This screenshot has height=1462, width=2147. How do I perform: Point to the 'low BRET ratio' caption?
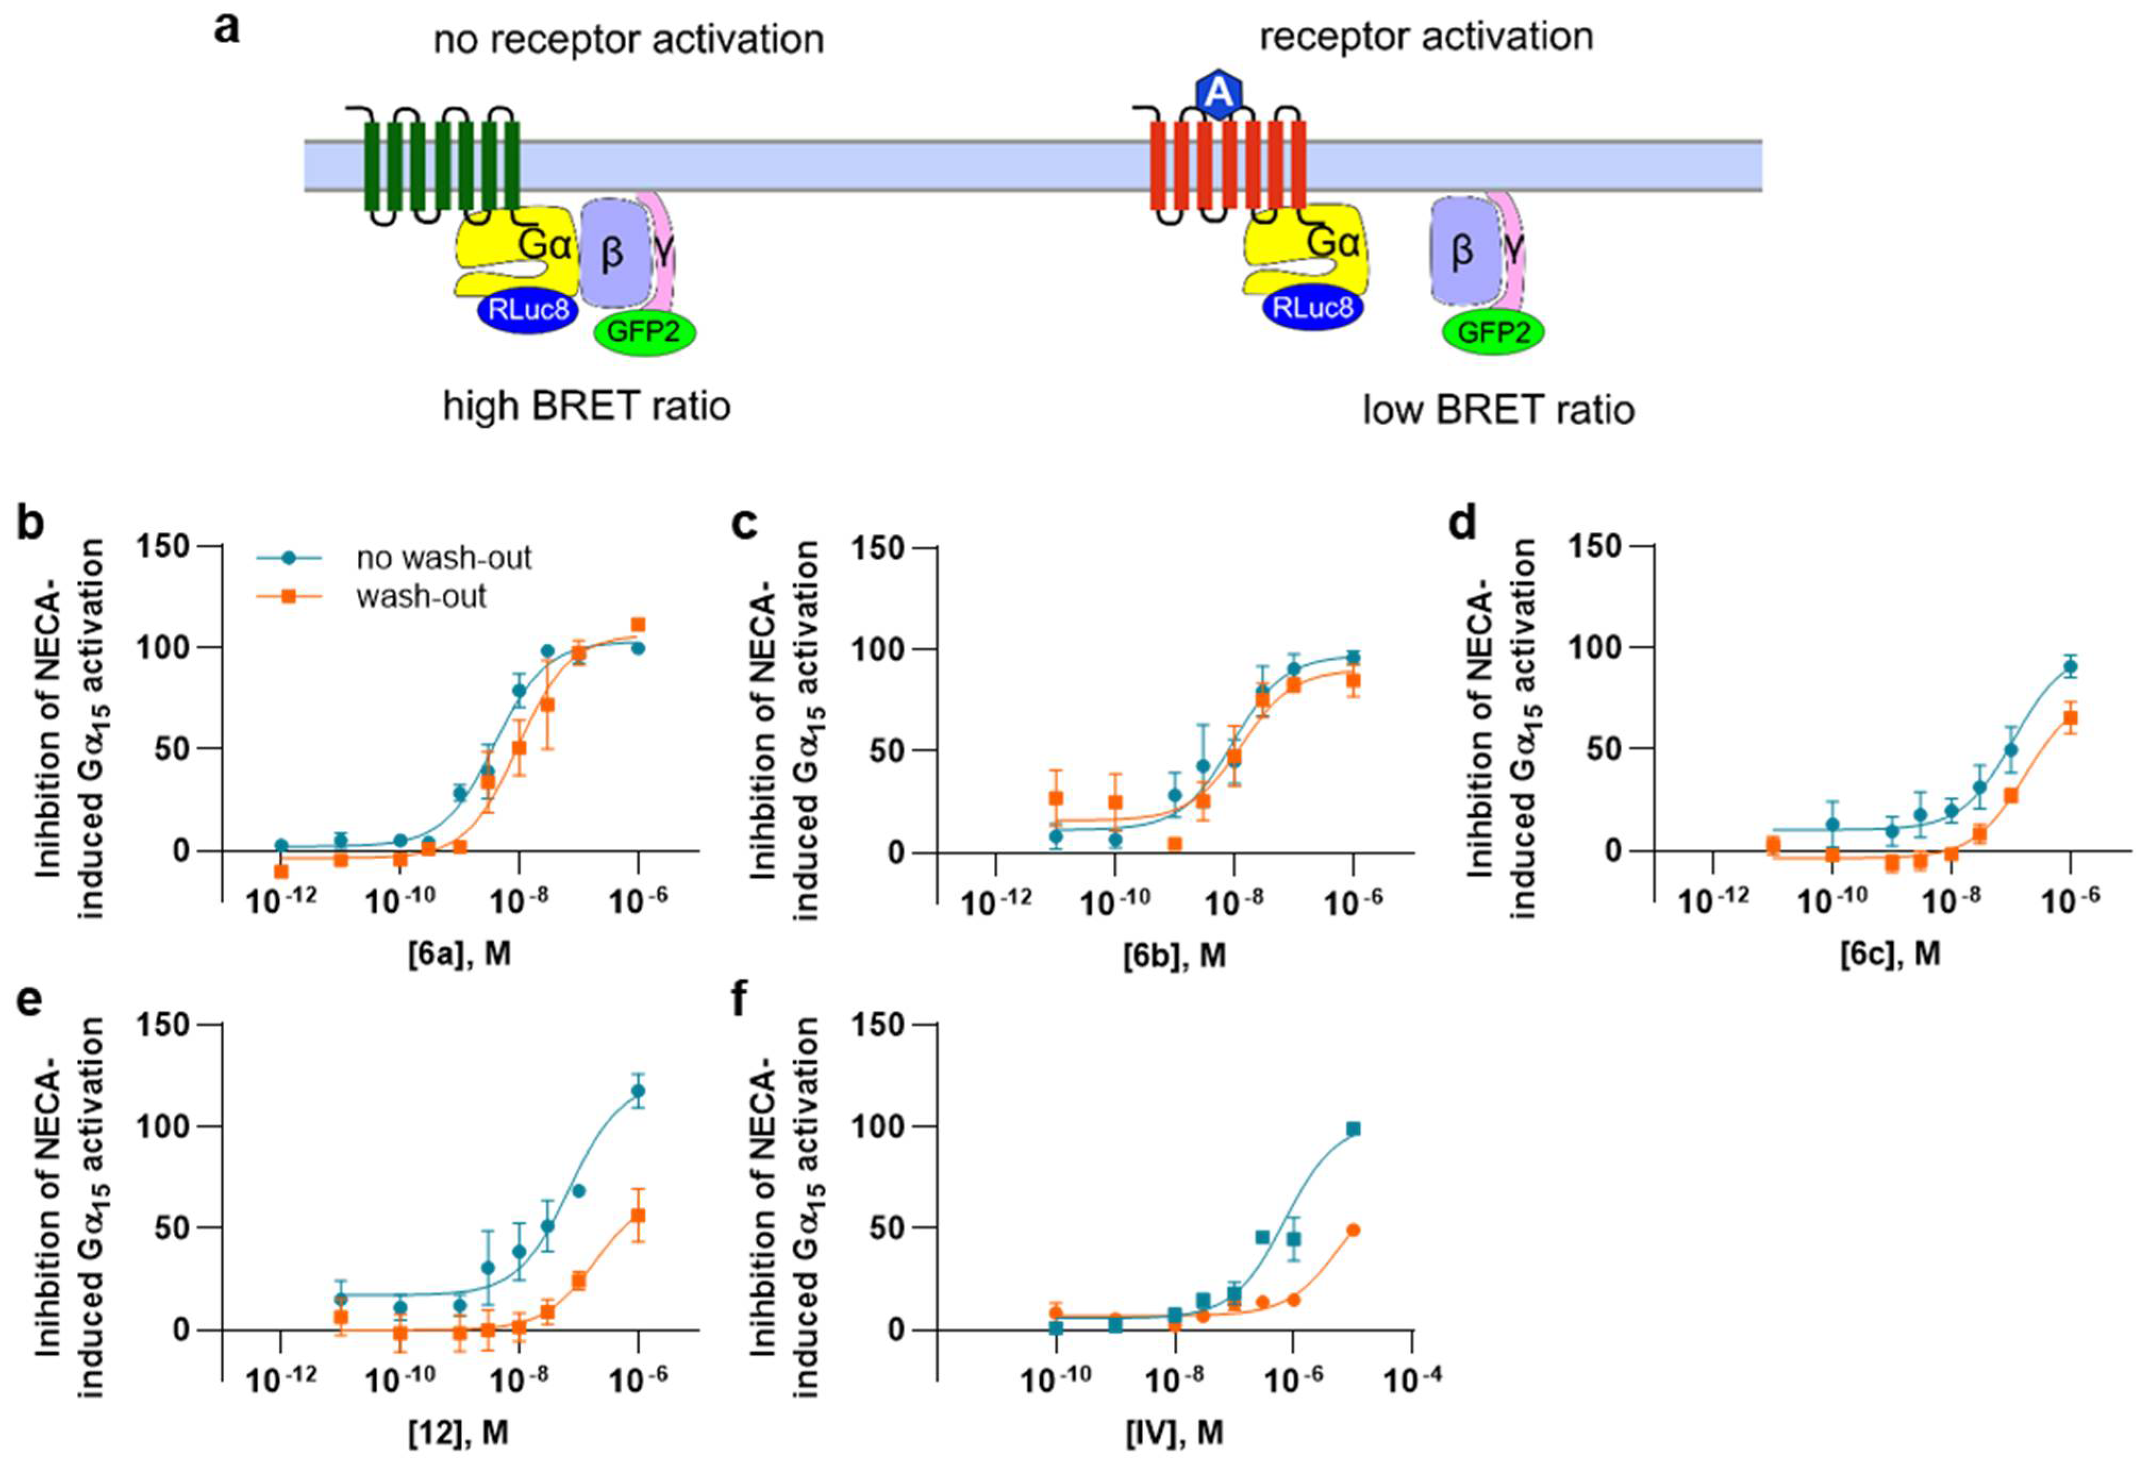point(1499,409)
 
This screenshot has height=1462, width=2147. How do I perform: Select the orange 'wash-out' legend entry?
point(420,596)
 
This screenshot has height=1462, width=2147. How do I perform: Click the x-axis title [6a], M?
point(459,953)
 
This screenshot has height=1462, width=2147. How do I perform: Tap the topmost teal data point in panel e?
point(638,1091)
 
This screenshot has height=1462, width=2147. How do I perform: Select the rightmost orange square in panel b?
point(638,624)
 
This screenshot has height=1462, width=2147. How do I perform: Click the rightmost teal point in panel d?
point(2070,666)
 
